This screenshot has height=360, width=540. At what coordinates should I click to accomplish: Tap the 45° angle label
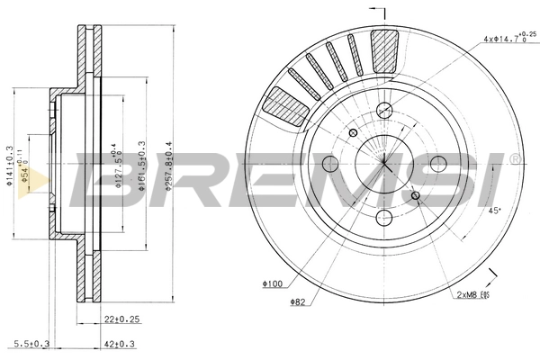tap(492, 212)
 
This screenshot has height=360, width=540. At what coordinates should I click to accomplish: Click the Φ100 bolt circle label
tap(273, 285)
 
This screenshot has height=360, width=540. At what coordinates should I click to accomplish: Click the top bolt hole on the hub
tap(384, 111)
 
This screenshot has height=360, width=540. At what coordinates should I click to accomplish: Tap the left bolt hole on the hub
tap(329, 164)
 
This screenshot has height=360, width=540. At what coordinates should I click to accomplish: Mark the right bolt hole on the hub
tap(438, 164)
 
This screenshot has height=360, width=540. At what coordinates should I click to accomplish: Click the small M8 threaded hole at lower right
tap(415, 196)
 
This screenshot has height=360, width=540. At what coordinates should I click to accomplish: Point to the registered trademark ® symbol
tap(515, 158)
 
